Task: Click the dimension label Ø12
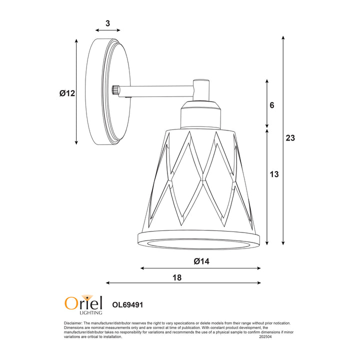click(66, 93)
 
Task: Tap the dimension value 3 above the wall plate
click(107, 23)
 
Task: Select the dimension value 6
click(272, 105)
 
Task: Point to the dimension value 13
click(274, 174)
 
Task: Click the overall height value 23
click(290, 138)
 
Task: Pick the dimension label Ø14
click(200, 261)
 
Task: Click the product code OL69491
click(128, 303)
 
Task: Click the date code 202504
click(266, 336)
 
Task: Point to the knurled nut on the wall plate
click(115, 90)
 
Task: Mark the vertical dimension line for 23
click(283, 140)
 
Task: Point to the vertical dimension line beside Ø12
click(76, 92)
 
